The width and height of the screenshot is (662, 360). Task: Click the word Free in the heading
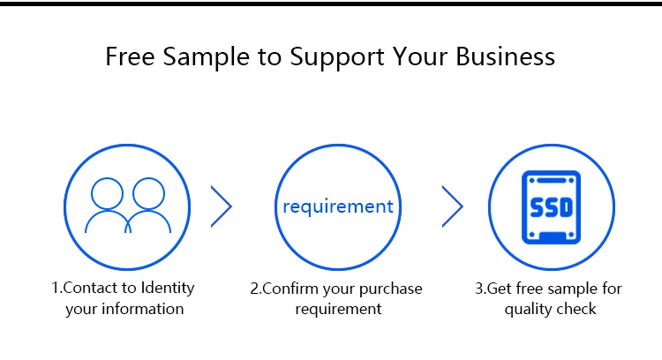130,56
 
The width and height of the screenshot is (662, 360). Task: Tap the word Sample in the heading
207,57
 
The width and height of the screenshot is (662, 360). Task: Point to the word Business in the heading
506,56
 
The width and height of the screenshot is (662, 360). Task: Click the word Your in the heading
419,56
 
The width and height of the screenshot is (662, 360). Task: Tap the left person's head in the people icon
107,193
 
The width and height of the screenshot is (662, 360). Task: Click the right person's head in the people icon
148,193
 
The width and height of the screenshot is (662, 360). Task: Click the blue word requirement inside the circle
338,206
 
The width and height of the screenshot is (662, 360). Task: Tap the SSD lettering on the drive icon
552,207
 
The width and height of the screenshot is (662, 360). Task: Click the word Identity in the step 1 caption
168,289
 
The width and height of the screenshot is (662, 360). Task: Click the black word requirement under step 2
338,310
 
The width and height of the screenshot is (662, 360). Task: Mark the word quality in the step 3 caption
524,310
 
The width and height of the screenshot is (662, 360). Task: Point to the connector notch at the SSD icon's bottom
552,236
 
